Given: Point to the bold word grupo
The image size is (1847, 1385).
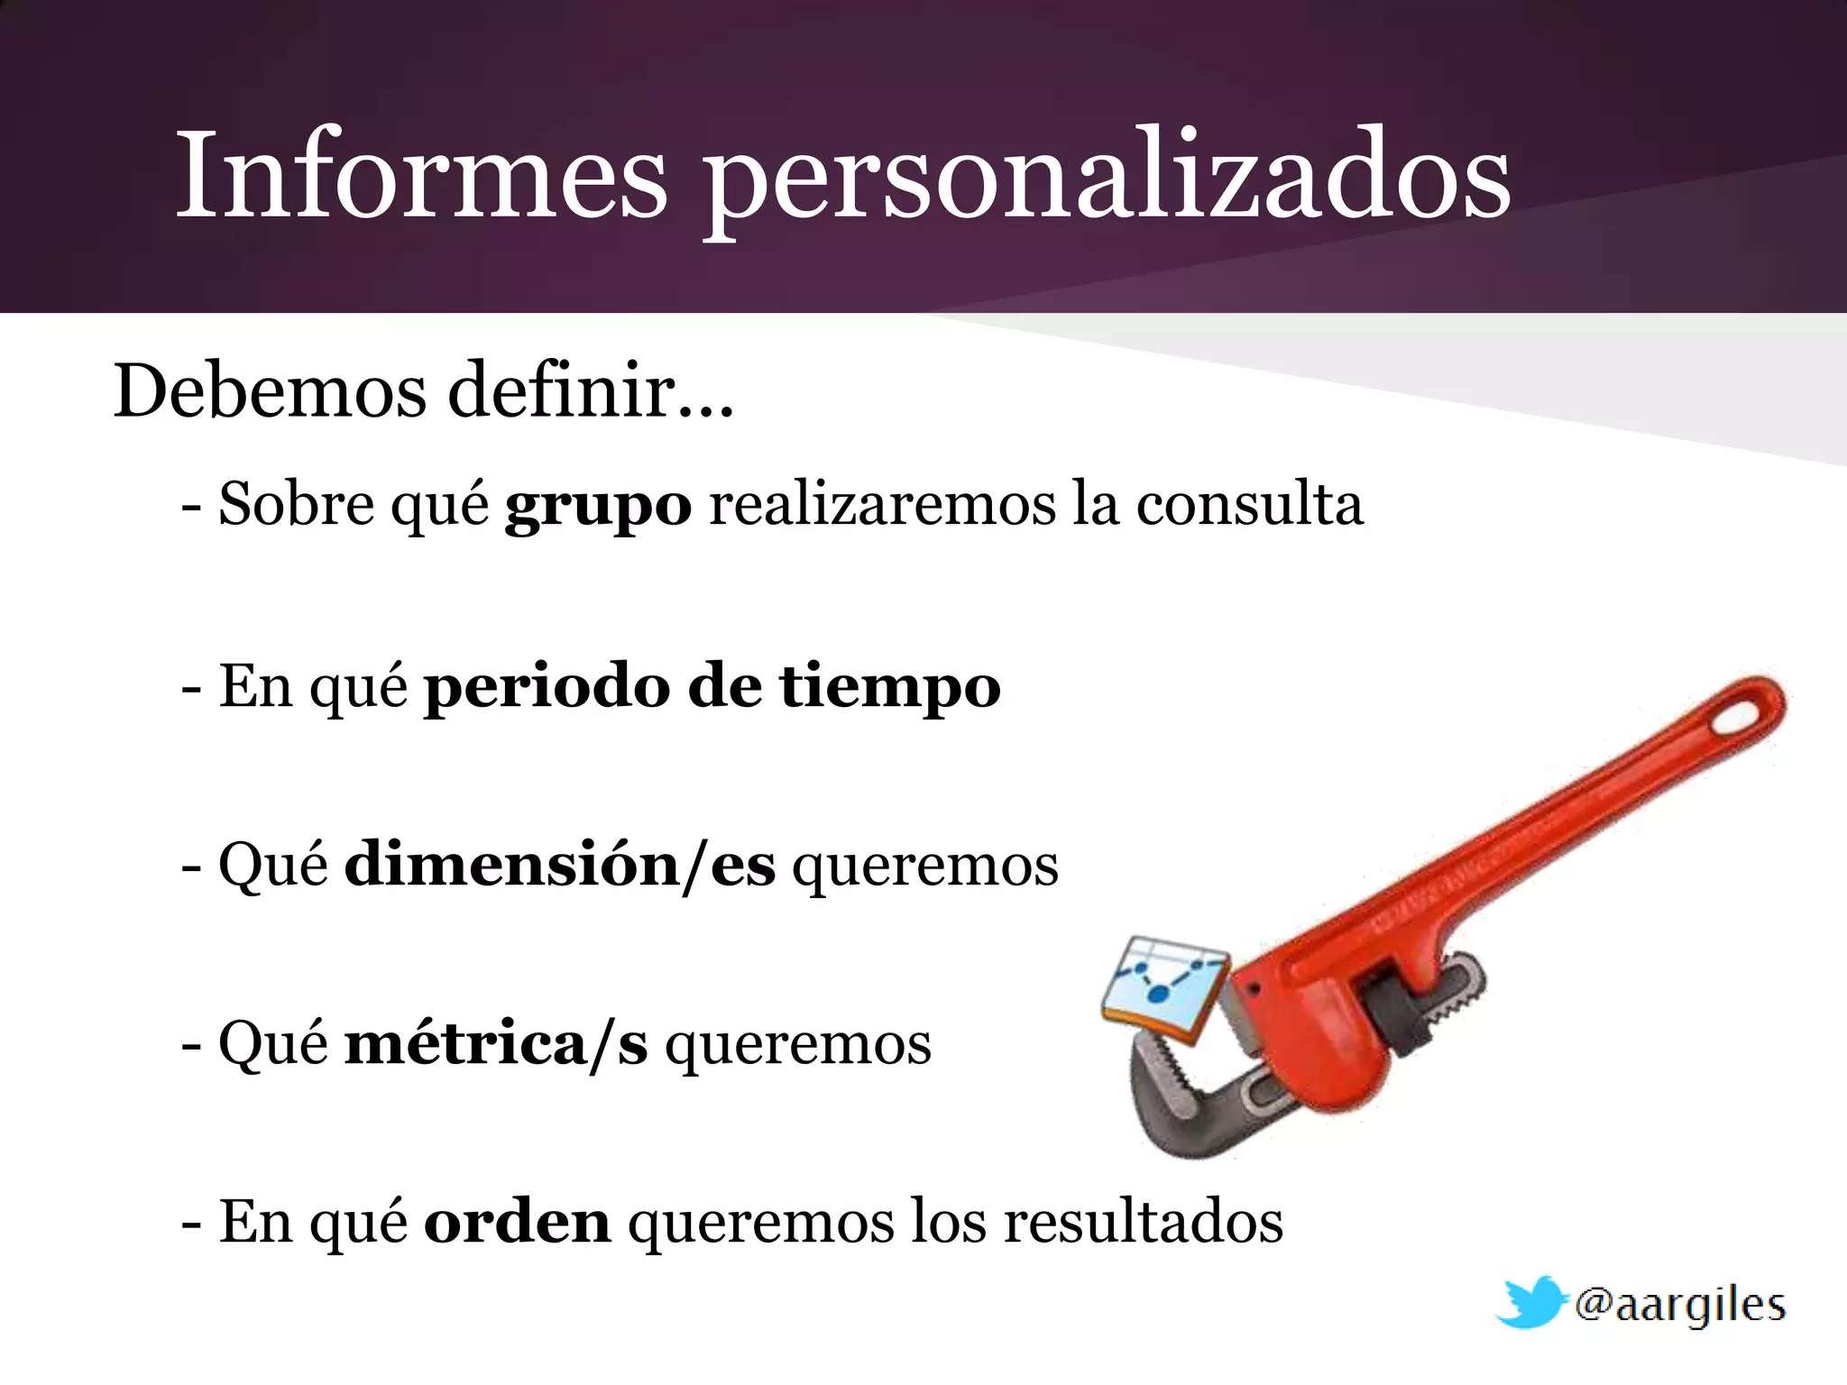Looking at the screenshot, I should [x=598, y=505].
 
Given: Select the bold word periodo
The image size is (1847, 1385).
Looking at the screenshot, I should [x=547, y=687].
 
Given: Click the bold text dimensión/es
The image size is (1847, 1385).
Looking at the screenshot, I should [x=559, y=865].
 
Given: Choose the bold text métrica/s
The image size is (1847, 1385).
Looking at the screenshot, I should [x=496, y=1043].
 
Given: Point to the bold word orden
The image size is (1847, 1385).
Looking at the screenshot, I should [x=517, y=1222].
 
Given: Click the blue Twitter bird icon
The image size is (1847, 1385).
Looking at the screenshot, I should [x=1530, y=1302].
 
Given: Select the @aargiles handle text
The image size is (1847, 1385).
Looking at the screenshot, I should [x=1679, y=1305].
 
